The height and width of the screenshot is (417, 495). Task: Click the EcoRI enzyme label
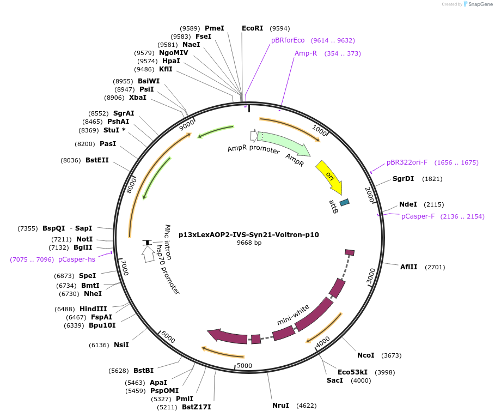click(252, 28)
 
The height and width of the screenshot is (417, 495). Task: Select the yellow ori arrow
click(329, 176)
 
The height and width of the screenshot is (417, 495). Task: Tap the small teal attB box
click(344, 202)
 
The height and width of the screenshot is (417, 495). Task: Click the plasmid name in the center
click(249, 234)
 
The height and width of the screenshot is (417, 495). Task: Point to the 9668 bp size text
click(249, 243)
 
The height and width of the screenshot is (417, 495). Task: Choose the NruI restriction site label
click(281, 406)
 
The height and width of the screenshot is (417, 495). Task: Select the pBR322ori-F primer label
click(407, 162)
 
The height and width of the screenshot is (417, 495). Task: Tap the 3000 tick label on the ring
click(371, 276)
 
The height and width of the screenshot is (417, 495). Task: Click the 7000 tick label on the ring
click(124, 268)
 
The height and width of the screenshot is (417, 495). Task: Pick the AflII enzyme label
click(408, 267)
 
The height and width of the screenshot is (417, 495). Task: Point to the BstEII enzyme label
click(97, 160)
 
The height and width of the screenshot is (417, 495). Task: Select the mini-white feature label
click(293, 315)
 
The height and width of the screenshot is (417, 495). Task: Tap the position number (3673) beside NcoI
click(391, 355)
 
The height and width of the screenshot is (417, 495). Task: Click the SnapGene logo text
click(480, 4)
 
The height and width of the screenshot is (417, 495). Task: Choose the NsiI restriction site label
click(121, 345)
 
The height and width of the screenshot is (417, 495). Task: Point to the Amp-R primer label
click(305, 53)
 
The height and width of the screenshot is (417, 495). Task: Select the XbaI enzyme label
click(137, 98)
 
